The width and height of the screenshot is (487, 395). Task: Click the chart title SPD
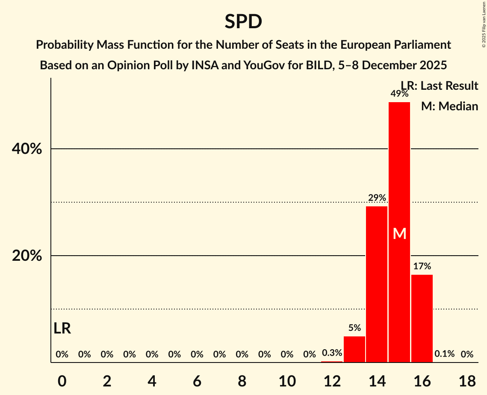243,21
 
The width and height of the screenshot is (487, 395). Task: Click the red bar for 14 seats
377,284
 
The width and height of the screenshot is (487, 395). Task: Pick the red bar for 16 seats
422,318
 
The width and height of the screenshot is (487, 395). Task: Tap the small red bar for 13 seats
354,349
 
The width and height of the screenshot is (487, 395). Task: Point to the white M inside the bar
399,233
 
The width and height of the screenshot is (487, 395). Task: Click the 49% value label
399,94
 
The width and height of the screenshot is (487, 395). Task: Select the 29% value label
377,198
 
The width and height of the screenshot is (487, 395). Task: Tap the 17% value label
422,266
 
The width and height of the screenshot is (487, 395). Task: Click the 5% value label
354,328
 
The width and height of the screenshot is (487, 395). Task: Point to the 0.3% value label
332,353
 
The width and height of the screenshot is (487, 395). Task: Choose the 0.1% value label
444,354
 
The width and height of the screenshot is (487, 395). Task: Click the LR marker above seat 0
62,328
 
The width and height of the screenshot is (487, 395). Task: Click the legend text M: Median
449,106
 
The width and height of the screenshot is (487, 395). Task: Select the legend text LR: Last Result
440,86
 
